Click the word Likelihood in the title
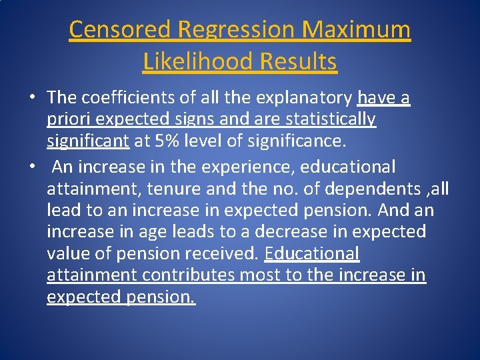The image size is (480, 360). [x=198, y=62]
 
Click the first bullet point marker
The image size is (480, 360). [x=32, y=98]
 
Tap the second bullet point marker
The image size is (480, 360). [x=32, y=166]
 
